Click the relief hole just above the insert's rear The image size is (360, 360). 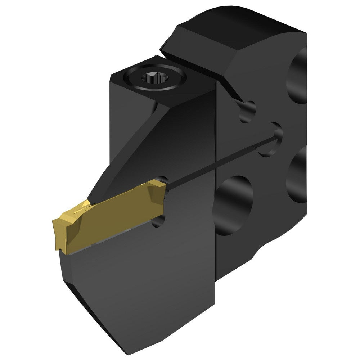click(163, 179)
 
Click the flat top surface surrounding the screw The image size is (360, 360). click(130, 90)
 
